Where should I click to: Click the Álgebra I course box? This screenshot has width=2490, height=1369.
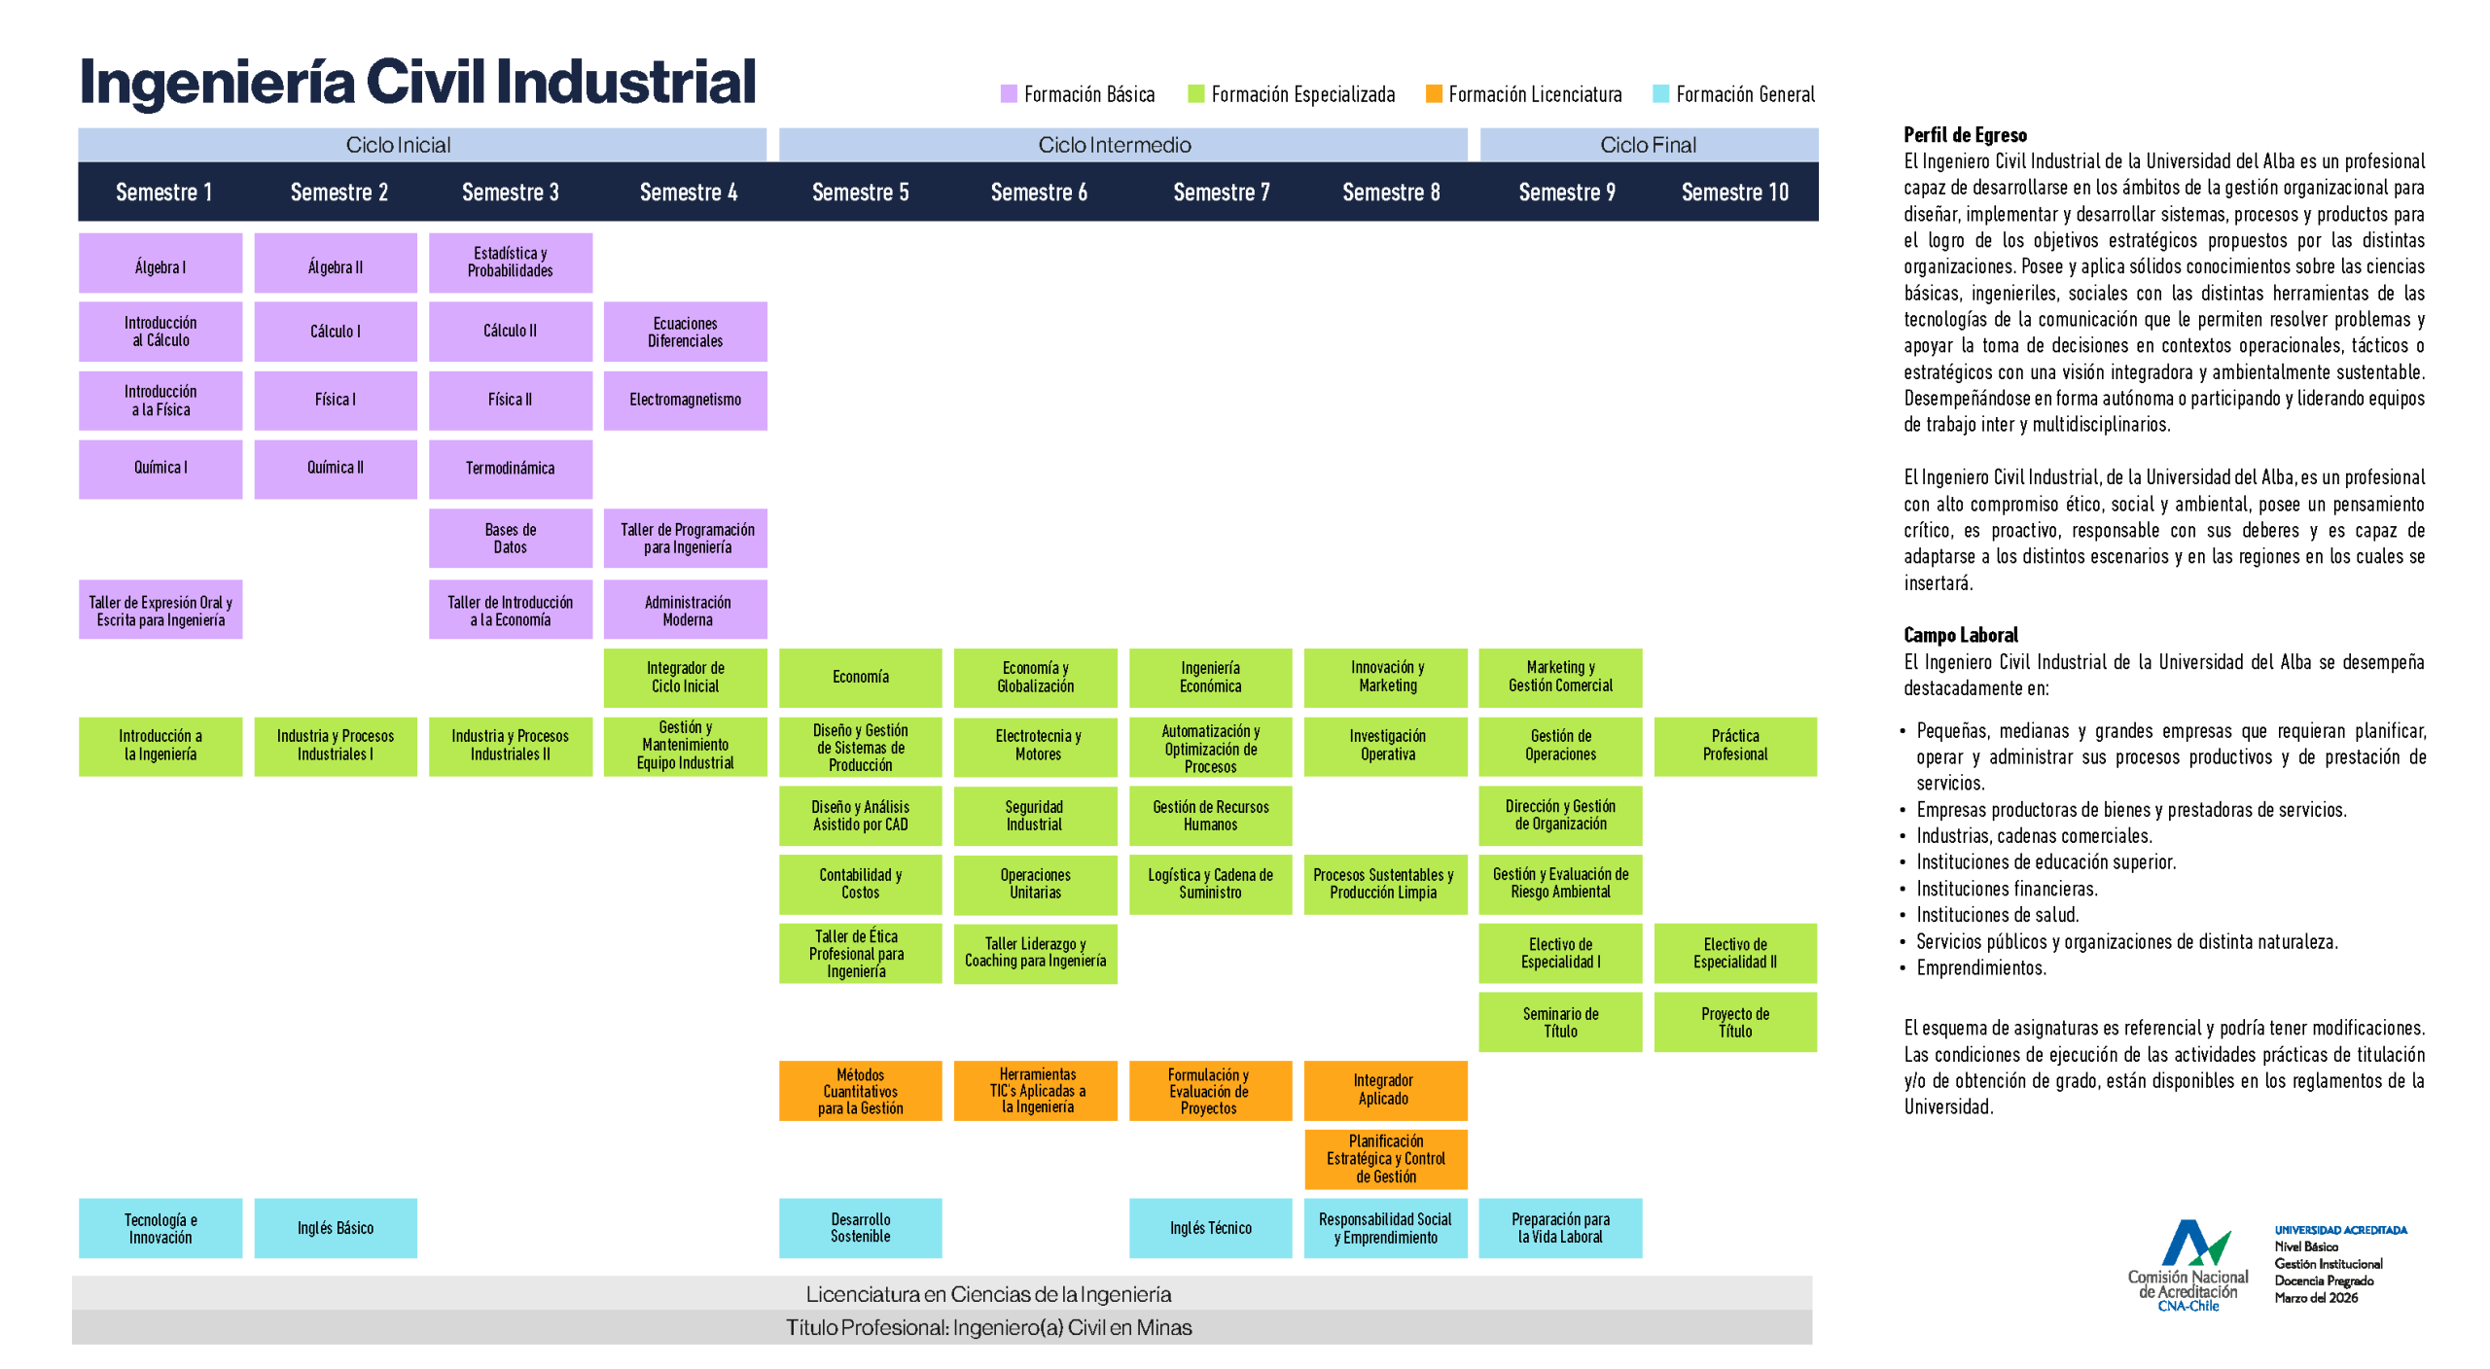pyautogui.click(x=160, y=263)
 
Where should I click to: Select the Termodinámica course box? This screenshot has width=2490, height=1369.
pyautogui.click(x=510, y=469)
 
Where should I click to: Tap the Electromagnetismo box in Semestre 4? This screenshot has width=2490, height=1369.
pyautogui.click(x=685, y=400)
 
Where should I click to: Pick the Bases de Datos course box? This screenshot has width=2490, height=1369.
pyautogui.click(x=510, y=538)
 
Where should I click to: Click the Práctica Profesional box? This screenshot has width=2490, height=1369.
pyautogui.click(x=1734, y=745)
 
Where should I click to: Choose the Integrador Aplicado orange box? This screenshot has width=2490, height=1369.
pyautogui.click(x=1384, y=1089)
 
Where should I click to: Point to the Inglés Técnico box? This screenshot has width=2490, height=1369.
pyautogui.click(x=1210, y=1227)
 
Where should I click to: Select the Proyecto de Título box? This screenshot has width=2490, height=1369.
pyautogui.click(x=1734, y=1022)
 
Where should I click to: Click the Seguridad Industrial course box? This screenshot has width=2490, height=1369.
pyautogui.click(x=1034, y=815)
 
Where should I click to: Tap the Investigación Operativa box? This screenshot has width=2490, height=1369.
pyautogui.click(x=1386, y=745)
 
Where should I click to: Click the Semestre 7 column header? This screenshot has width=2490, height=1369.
pyautogui.click(x=1221, y=193)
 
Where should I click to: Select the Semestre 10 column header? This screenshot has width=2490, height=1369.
pyautogui.click(x=1734, y=193)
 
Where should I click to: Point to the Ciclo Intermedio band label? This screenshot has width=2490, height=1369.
pyautogui.click(x=1114, y=145)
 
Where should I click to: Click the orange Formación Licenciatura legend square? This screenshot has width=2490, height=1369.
pyautogui.click(x=1433, y=94)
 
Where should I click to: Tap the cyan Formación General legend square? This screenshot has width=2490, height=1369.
pyautogui.click(x=1660, y=94)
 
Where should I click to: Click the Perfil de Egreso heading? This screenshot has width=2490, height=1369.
pyautogui.click(x=1965, y=135)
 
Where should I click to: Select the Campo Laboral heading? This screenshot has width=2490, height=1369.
pyautogui.click(x=1960, y=635)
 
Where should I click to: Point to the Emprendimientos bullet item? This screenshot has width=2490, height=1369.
pyautogui.click(x=1980, y=967)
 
